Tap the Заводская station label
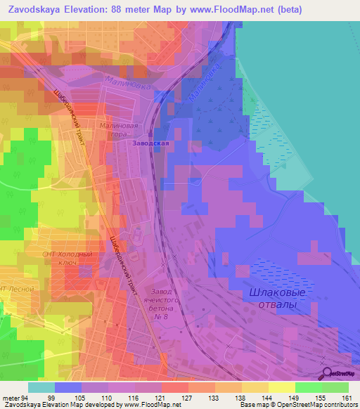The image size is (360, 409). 151,143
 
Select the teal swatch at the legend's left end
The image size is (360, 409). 41,387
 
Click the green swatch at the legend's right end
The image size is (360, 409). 335,387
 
